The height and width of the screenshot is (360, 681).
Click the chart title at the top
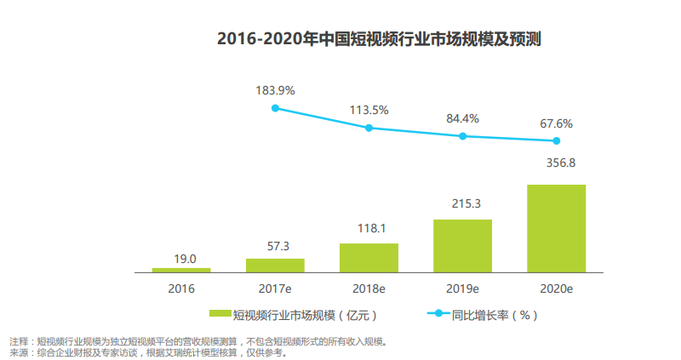(x=380, y=39)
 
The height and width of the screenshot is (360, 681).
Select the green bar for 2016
(x=181, y=270)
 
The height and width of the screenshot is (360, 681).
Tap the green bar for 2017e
(x=275, y=265)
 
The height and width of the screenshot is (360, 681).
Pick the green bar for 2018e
(x=369, y=258)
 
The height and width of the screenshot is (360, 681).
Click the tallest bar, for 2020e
(x=557, y=228)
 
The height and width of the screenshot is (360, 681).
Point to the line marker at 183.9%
(x=275, y=108)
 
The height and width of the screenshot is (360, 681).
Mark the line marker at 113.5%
(x=369, y=128)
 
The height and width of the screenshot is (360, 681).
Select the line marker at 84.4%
(x=463, y=136)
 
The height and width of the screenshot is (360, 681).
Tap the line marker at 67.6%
(x=557, y=140)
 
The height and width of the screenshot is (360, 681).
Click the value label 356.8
(x=557, y=163)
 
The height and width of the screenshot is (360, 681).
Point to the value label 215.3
(x=463, y=204)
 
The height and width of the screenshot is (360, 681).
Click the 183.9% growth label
(x=275, y=89)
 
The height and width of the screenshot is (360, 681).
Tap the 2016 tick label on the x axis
(x=181, y=289)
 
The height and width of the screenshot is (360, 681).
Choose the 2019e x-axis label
(x=463, y=289)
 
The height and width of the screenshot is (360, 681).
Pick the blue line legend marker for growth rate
(x=438, y=314)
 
